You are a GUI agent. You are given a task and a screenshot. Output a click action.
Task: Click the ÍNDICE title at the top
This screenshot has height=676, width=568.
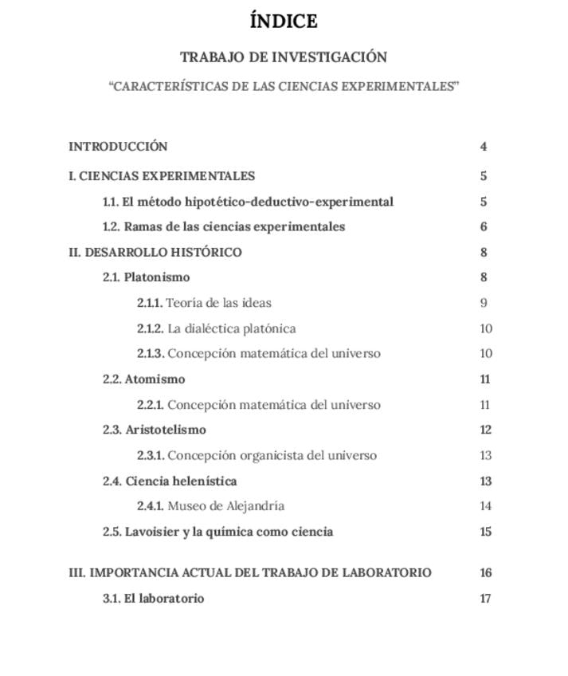click(284, 22)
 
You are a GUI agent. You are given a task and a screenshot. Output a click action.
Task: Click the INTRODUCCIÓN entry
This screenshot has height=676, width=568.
click(118, 147)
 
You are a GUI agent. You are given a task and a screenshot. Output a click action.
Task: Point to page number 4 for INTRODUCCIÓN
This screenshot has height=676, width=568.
click(484, 147)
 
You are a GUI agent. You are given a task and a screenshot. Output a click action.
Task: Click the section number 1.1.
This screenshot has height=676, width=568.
click(111, 202)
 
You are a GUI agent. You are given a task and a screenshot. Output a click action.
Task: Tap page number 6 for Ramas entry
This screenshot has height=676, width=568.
click(484, 226)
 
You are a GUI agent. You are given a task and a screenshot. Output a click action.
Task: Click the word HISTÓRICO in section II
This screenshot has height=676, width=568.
click(206, 253)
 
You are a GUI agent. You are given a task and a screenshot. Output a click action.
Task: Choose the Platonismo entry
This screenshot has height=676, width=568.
click(157, 277)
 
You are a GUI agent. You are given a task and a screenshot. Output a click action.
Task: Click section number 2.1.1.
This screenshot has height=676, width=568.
click(149, 303)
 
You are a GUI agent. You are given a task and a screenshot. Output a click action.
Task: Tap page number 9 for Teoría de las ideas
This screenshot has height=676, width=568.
click(484, 303)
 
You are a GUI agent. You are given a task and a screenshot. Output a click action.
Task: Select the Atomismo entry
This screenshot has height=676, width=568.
click(155, 379)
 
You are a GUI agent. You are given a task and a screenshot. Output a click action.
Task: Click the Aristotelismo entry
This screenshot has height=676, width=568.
click(166, 430)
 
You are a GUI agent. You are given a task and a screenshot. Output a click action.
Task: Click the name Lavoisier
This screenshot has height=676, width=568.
click(151, 532)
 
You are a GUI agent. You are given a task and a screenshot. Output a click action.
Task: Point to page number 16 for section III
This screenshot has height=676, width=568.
click(486, 573)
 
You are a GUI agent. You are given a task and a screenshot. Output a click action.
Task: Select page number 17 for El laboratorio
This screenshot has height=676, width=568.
click(486, 599)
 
